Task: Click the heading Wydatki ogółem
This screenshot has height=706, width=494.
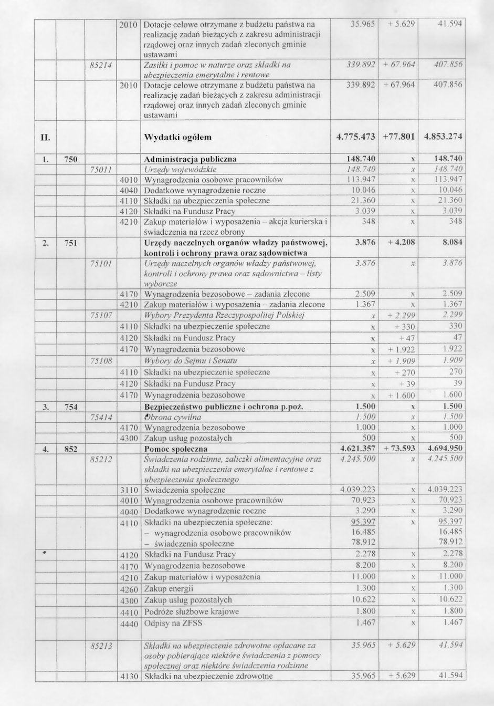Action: click(x=177, y=138)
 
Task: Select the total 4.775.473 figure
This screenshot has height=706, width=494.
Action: click(x=355, y=138)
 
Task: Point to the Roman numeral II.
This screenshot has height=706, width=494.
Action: click(x=46, y=138)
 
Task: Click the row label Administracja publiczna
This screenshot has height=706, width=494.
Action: click(x=190, y=159)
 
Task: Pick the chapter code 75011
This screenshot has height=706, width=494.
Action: click(x=102, y=170)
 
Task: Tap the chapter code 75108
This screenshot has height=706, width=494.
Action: click(x=102, y=361)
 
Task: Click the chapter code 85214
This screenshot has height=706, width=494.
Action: click(x=102, y=65)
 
